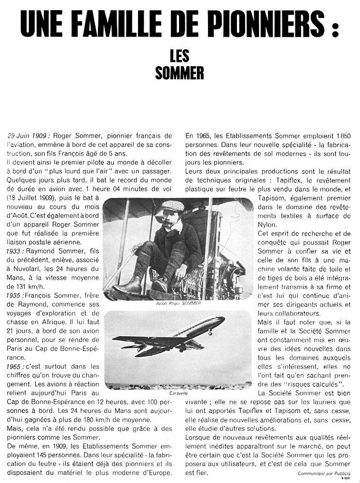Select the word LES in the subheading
click(180, 57)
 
